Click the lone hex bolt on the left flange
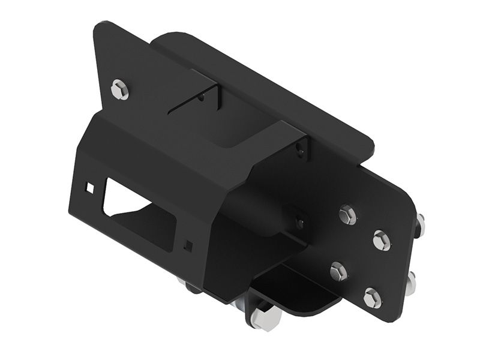click(x=120, y=90)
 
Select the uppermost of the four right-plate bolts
click(x=347, y=215)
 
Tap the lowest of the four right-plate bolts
click(x=372, y=298)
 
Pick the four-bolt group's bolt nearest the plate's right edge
click(x=382, y=240)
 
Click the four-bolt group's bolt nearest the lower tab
click(x=338, y=272)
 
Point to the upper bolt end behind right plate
click(x=420, y=225)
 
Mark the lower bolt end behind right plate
click(x=411, y=283)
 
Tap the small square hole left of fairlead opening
click(x=90, y=188)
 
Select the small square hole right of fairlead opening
click(x=189, y=245)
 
